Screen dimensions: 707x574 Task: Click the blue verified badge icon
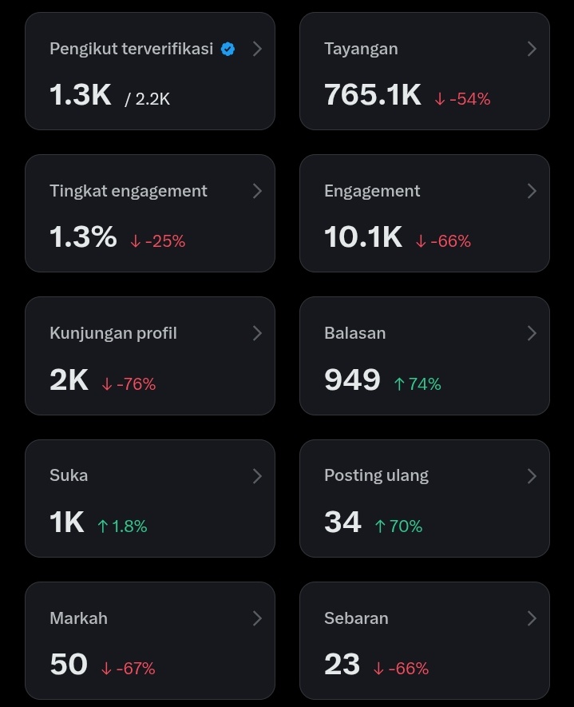(228, 50)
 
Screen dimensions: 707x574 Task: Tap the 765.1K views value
(372, 95)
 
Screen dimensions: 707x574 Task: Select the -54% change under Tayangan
(462, 99)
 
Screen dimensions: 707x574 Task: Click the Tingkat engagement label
(128, 191)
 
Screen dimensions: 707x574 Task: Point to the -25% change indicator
(157, 241)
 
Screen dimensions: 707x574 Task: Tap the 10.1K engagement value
(363, 237)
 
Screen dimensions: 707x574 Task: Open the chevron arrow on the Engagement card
(532, 191)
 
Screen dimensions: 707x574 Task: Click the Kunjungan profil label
(113, 333)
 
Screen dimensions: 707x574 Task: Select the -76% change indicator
(129, 384)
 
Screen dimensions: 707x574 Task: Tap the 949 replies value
(352, 380)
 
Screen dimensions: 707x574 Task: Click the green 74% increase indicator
(417, 384)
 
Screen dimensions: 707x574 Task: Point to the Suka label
(69, 475)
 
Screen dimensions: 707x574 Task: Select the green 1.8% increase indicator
(122, 526)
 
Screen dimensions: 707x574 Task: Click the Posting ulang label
(376, 475)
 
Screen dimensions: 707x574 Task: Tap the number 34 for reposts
(342, 522)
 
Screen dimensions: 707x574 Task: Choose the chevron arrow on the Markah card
(257, 618)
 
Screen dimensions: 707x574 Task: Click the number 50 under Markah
(69, 665)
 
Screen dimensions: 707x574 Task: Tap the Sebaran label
(356, 618)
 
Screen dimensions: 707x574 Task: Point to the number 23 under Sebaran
(342, 665)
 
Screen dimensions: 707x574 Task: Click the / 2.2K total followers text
(148, 99)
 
